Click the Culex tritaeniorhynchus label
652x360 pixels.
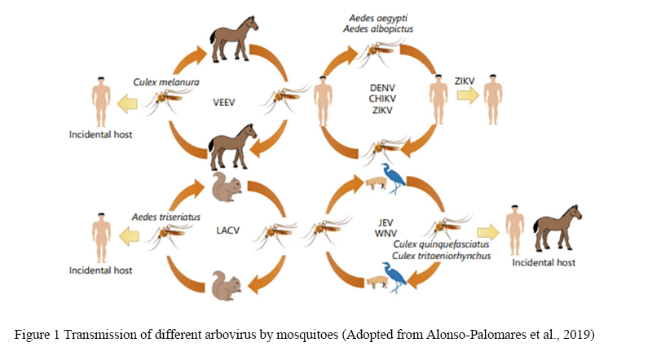pos(438,257)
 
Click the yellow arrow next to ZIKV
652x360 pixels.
pos(468,96)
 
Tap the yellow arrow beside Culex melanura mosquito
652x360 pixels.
pos(131,101)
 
